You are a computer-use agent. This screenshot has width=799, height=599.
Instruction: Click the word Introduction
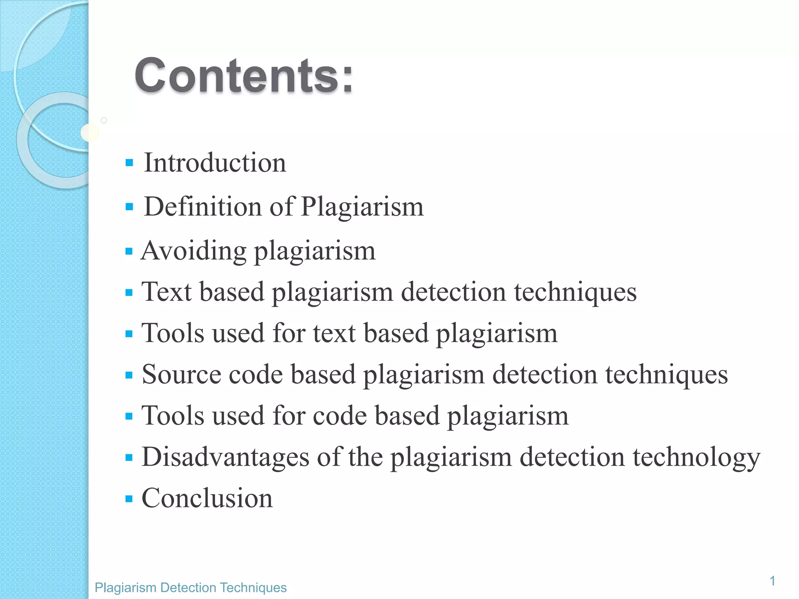point(215,163)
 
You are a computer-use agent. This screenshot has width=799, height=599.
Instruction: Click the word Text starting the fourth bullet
point(167,292)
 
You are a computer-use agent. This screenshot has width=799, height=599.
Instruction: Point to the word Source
point(181,374)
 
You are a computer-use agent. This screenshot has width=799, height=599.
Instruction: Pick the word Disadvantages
point(225,457)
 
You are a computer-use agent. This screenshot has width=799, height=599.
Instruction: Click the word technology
point(696,457)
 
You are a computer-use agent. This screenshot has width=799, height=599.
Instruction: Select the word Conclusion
point(207,498)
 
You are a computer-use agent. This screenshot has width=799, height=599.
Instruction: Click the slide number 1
point(772,581)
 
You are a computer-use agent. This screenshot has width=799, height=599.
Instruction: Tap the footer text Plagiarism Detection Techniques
point(191,588)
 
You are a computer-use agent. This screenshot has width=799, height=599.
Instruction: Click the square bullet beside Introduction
point(130,163)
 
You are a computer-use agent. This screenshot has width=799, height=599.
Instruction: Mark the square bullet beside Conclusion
point(129,498)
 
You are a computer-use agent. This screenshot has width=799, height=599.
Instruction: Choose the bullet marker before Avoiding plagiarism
point(129,251)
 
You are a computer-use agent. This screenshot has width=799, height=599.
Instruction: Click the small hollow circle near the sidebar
point(104,121)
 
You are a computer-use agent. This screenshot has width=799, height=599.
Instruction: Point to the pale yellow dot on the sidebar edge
point(90,133)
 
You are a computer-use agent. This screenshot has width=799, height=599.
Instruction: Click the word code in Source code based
point(256,374)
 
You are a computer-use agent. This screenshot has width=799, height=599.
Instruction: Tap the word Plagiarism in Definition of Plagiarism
point(362,207)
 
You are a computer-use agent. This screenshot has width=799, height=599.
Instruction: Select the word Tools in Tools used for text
point(173,333)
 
